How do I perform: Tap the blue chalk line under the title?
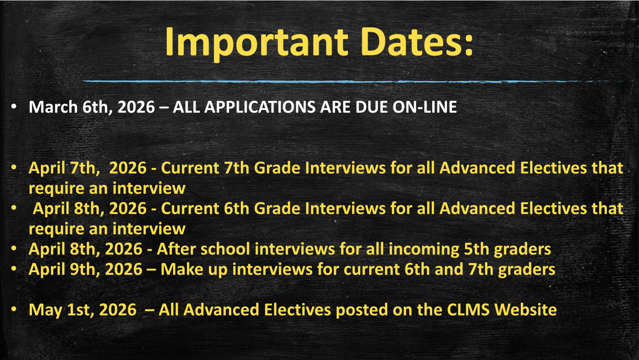click(x=333, y=81)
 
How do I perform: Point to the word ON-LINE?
click(x=424, y=107)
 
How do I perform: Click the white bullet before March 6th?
click(x=14, y=106)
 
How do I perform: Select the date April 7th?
click(x=64, y=168)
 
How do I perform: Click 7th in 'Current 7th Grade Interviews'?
click(x=236, y=168)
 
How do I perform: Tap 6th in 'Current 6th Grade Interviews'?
click(x=236, y=209)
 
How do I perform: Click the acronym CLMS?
click(x=468, y=310)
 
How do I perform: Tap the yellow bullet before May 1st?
click(x=14, y=309)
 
